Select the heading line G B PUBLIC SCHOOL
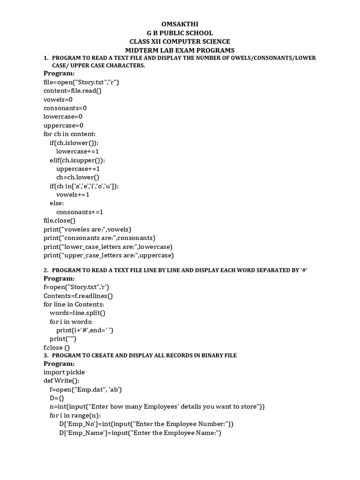[x=180, y=33]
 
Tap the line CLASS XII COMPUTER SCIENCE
[x=180, y=41]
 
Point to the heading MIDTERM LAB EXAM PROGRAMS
[x=180, y=50]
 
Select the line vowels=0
[x=58, y=99]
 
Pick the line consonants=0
[x=65, y=108]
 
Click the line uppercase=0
[x=64, y=125]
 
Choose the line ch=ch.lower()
[x=78, y=177]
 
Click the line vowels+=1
[x=73, y=195]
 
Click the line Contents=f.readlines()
[x=78, y=296]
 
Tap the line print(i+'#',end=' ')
[x=85, y=330]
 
